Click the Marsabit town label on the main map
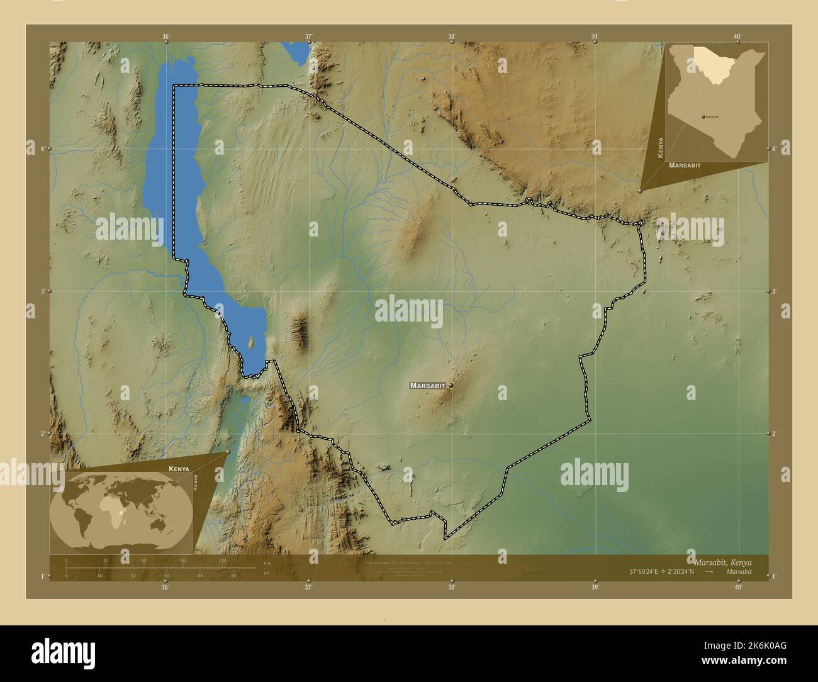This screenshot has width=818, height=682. tap(427, 385)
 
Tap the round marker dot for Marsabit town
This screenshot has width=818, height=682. tap(451, 385)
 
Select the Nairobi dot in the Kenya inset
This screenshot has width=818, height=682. tap(702, 117)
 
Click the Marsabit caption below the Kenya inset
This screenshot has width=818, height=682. tap(685, 165)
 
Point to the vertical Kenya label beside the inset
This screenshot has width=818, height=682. tap(660, 147)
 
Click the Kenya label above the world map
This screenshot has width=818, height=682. tap(179, 469)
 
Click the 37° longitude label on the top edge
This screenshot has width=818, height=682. tap(308, 36)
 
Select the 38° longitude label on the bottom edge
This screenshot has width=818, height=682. tap(451, 588)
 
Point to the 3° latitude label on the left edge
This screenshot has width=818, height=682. tap(42, 291)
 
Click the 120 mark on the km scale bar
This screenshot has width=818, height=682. tap(221, 560)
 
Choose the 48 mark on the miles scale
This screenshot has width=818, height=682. tap(167, 575)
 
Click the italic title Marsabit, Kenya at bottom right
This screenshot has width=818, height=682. tap(722, 562)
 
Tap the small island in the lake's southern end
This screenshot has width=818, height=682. tap(252, 343)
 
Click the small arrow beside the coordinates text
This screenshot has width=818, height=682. tap(709, 572)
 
